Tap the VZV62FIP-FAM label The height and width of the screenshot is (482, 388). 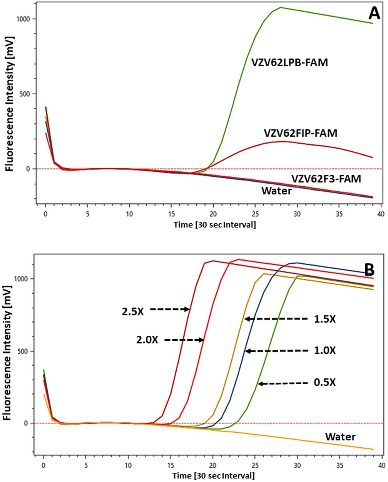(300, 133)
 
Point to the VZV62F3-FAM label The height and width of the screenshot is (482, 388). (326, 179)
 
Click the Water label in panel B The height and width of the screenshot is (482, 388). (340, 437)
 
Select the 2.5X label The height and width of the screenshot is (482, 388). (132, 311)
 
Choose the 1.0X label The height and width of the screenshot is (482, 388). (324, 350)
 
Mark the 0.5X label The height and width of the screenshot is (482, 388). (324, 382)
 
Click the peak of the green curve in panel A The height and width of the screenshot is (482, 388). (281, 7)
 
